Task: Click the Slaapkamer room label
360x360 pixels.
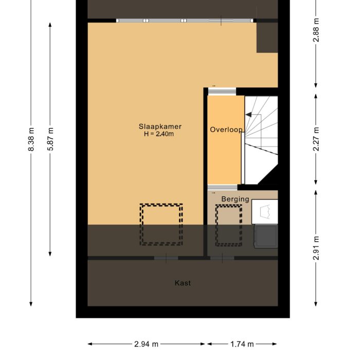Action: [x=160, y=127]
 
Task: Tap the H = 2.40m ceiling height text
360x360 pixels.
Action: [x=160, y=134]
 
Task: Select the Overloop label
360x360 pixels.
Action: [x=226, y=130]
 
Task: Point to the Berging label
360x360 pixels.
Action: [x=235, y=199]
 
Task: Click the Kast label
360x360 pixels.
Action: [x=183, y=283]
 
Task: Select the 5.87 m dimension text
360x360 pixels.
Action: [x=50, y=139]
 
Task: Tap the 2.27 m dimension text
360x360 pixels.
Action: [x=316, y=139]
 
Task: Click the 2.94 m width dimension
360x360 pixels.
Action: [x=147, y=344]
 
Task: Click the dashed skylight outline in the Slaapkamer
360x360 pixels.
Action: [x=161, y=224]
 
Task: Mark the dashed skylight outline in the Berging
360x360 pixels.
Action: [x=228, y=224]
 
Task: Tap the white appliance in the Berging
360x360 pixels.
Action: [x=265, y=212]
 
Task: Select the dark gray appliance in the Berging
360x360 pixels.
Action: [x=266, y=236]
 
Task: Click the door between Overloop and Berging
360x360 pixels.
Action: [x=223, y=187]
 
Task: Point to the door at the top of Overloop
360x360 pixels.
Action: [x=222, y=92]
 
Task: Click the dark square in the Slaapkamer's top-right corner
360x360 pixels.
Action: [x=267, y=37]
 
